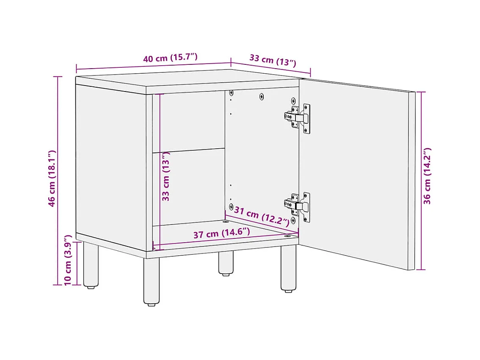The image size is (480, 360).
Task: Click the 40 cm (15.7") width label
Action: pos(170,57)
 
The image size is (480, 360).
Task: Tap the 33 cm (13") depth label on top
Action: pos(273,60)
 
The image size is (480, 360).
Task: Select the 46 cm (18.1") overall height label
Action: pos(52,178)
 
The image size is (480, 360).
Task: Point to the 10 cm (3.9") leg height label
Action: pos(68,260)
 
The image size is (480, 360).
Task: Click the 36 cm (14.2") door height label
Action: pos(427,176)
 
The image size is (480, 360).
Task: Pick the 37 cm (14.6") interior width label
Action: pos(222,233)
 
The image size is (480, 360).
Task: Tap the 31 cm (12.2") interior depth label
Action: pos(262,216)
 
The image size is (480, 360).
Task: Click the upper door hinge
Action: pos(297,118)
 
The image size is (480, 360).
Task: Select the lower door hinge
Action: pos(297,207)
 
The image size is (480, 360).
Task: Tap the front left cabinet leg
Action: pos(152,281)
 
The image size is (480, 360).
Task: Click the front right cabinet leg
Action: pos(288,269)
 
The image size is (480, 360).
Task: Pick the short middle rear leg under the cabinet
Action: pos(226,263)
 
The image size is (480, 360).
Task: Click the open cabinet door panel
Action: pos(357,174)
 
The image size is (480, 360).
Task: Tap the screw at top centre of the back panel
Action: pos(262,97)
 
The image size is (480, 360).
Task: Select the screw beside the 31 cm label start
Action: pos(231,207)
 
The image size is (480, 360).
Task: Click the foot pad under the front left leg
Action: pos(152,305)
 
